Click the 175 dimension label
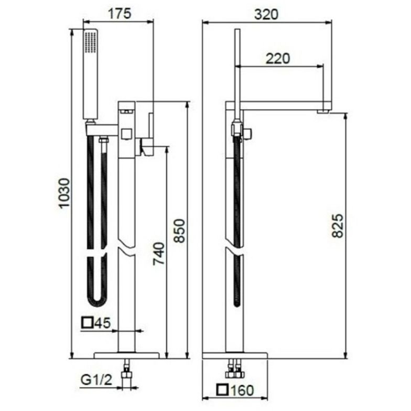(120, 14)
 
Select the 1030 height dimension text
(64, 193)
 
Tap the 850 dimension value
(180, 231)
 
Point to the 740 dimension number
(159, 254)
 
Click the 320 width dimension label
(266, 15)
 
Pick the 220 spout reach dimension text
(278, 59)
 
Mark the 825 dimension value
(338, 226)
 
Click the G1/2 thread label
(96, 380)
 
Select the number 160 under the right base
(242, 390)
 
